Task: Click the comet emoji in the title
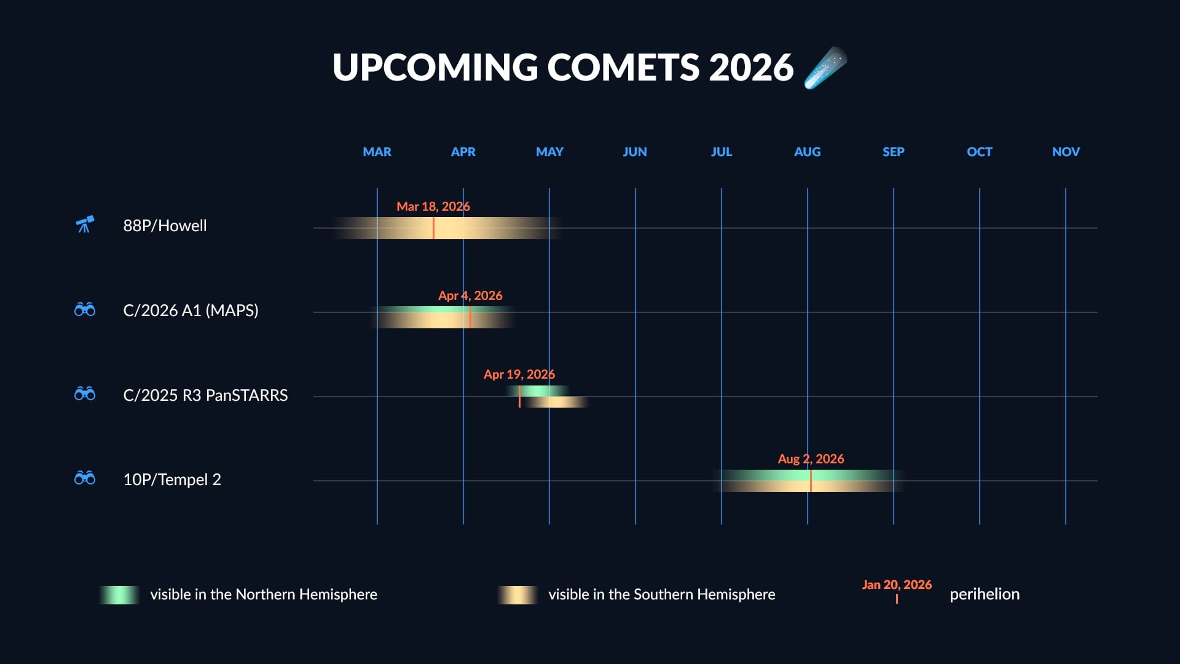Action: tap(825, 68)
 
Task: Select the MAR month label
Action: tap(377, 152)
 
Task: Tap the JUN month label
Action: tap(635, 152)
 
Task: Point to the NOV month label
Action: tap(1065, 152)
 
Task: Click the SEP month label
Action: tap(893, 152)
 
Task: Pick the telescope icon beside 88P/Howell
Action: tap(85, 225)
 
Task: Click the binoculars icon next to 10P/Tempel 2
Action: tap(85, 478)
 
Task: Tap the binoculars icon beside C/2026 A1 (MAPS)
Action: tap(85, 309)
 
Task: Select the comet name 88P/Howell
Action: tap(165, 226)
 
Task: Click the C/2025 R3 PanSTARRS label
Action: tap(205, 395)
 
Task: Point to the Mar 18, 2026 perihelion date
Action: tap(433, 207)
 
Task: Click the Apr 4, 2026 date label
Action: tap(470, 296)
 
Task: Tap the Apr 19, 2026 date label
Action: tap(519, 374)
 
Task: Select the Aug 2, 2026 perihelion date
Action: tap(810, 459)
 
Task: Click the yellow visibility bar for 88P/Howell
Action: tap(467, 228)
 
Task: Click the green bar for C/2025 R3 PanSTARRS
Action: tap(541, 391)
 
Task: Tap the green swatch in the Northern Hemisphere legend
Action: tap(119, 595)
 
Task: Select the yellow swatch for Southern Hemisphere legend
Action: tap(517, 595)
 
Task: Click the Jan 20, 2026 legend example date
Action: tap(896, 585)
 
